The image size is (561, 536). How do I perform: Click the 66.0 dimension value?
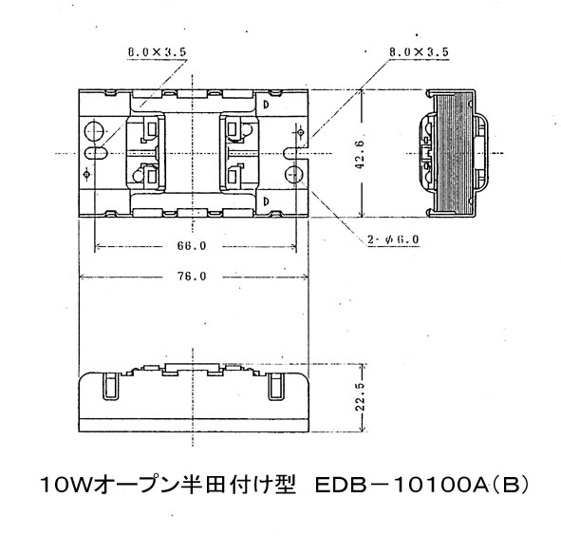coord(192,246)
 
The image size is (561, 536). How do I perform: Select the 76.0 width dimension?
coord(192,277)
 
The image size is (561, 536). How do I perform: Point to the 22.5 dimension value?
coord(360,396)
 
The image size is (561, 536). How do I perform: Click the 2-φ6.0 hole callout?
coord(393,239)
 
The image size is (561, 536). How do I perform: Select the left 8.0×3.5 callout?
coord(157,52)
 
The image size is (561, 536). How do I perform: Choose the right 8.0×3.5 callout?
coord(419,52)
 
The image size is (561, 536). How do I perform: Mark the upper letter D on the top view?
coord(266,105)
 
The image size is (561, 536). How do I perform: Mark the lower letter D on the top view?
coord(266,201)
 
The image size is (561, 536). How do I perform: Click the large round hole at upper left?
coord(95,131)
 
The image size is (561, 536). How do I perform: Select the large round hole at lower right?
coord(294,175)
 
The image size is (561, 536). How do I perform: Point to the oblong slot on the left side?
coord(96,153)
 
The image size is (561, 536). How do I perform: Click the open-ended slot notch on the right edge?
coord(295,153)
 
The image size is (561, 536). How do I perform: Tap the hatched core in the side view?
coord(455,153)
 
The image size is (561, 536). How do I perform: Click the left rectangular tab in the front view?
coord(110,386)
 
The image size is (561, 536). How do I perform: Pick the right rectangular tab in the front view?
coord(276,386)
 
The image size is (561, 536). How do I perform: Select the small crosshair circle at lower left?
coord(86,175)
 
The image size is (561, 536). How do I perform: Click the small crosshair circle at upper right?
coord(301,133)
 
